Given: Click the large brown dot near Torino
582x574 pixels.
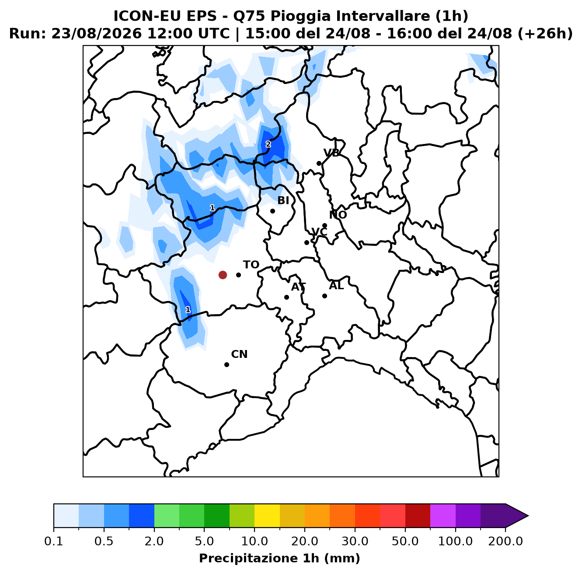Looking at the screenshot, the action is tap(223, 275).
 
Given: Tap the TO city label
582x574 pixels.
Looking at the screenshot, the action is tap(251, 265).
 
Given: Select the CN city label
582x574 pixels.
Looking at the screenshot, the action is tap(239, 354).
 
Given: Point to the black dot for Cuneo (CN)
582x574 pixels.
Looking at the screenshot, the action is tap(227, 364).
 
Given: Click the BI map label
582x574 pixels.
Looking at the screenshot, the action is tap(283, 200).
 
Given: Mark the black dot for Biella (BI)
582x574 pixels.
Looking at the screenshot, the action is tap(272, 211).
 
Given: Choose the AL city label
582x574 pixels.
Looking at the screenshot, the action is tap(336, 286).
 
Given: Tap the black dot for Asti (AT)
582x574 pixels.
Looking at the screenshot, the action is tap(286, 297).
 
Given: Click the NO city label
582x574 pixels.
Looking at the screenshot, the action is tap(338, 215).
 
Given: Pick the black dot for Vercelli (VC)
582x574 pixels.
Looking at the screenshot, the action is tap(307, 242).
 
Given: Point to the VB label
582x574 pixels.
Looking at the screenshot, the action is tap(331, 153).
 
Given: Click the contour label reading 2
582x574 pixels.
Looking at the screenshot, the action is tap(268, 144).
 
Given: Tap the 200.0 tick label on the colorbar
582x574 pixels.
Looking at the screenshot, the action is tap(505, 541).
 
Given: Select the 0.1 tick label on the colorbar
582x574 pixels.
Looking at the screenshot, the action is tap(54, 541).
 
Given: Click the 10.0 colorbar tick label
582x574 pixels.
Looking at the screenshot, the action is tap(254, 541).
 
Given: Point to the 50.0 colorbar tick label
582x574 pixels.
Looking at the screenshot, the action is tap(405, 541).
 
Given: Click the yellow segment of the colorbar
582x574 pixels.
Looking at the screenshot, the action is tap(267, 516).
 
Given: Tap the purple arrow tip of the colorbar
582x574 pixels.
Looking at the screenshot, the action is tap(528, 516).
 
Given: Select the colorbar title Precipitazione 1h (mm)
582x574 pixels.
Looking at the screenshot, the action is tap(279, 558).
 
